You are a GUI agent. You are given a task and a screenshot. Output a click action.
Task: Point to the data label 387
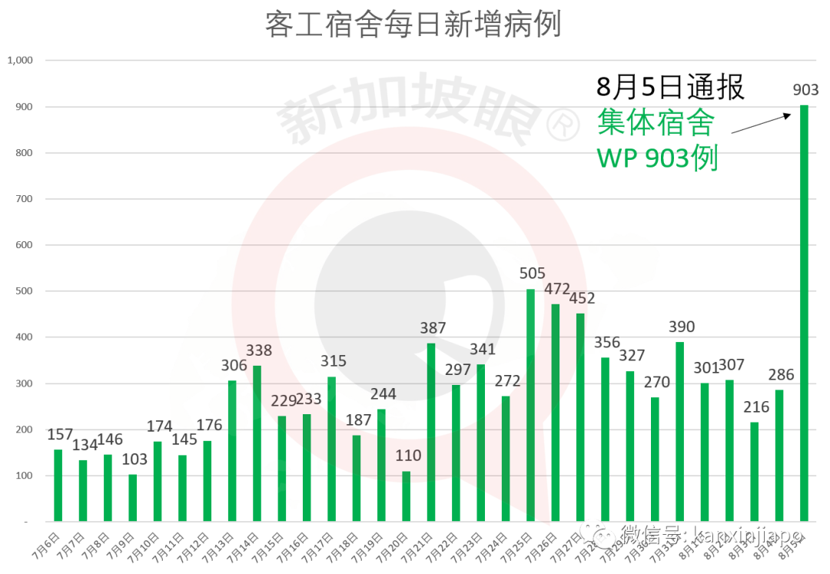point(433,328)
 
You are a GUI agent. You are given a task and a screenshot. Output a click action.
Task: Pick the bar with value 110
point(406,496)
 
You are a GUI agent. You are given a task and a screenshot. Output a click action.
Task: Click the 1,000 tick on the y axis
point(20,60)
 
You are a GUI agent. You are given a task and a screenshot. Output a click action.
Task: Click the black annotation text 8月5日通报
point(670,87)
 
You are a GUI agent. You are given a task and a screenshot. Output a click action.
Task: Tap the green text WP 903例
point(658,158)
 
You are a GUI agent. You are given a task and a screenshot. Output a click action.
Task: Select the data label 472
point(557,290)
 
